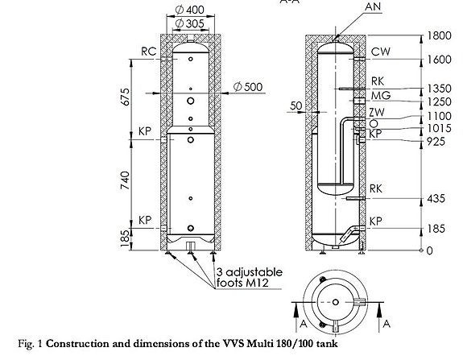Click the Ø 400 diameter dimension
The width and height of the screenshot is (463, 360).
coord(189,10)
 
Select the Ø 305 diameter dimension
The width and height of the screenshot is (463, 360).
coord(189,23)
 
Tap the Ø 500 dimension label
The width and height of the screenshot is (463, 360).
coord(248,87)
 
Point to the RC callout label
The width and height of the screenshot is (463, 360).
coord(148,52)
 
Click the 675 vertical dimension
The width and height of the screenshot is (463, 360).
coord(125,97)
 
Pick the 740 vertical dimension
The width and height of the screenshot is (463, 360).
coord(125,180)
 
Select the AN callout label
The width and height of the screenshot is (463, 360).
coord(373,6)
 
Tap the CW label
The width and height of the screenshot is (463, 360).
coord(381,52)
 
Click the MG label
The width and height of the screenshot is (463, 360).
coord(381,95)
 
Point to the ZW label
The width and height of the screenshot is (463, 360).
coord(377,112)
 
